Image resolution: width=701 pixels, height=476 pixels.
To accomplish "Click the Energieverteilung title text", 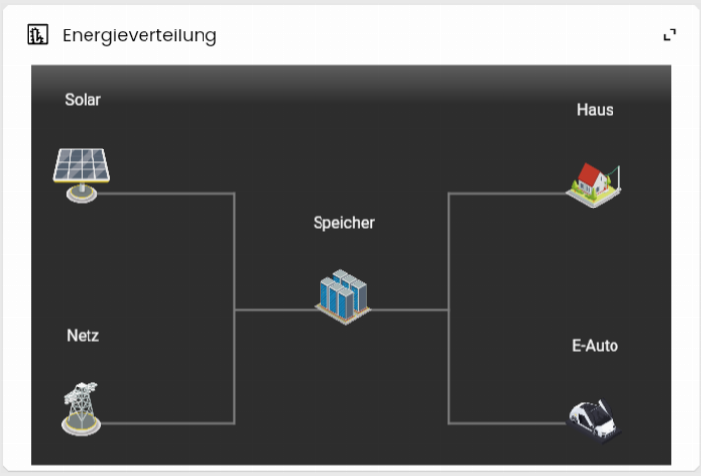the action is coord(140,35).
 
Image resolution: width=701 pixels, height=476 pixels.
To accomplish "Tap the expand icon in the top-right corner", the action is coord(670,34).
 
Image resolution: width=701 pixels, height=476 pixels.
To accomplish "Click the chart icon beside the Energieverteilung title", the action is coord(37,34).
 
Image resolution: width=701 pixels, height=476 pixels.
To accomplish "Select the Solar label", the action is coord(83,99).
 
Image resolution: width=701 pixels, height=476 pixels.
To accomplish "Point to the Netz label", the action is coord(83,336).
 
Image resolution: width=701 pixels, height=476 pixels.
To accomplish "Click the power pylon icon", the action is coord(81,408).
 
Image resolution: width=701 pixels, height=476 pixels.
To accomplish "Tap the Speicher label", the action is coord(344,223).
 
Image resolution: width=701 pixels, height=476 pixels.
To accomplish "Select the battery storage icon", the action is coord(342,297).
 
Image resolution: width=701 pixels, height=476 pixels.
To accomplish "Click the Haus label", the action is coord(595,110).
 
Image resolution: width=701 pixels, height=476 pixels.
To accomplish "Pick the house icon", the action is coord(593,186).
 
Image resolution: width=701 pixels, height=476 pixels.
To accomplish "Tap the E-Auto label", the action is coord(595,346).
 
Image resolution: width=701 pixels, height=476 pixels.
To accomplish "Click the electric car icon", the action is coord(594,421).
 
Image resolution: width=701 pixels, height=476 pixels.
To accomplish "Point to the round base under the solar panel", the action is coord(82,194).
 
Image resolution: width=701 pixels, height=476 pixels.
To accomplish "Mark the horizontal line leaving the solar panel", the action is coord(166,194).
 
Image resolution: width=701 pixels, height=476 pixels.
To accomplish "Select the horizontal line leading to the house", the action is coord(507,194).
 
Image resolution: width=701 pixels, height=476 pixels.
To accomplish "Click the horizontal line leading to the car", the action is coord(508,423).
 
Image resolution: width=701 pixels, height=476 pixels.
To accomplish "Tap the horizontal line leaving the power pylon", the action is coord(168,423).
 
